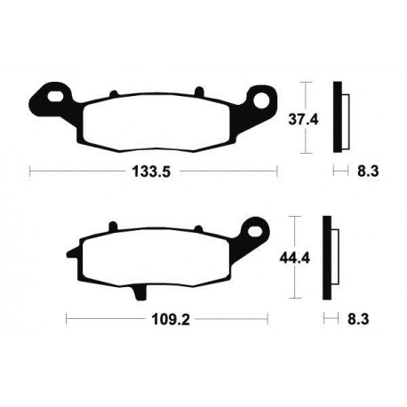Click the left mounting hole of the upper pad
point(55,92)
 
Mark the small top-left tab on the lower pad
point(111,227)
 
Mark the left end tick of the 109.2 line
point(67,317)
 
